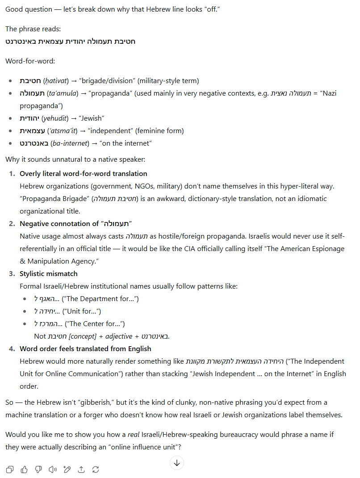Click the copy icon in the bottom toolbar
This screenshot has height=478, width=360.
[x=10, y=469]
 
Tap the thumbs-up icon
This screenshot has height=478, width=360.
[x=24, y=469]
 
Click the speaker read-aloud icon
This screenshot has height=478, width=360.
[x=53, y=469]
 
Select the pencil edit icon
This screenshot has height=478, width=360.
[x=67, y=469]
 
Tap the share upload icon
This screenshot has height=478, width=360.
[x=81, y=469]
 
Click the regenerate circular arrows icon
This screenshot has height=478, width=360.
[x=96, y=469]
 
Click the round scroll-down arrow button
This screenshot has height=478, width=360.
[x=177, y=463]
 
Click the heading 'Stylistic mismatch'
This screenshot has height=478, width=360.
[x=49, y=273]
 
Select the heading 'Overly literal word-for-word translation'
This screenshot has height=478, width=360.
[x=84, y=173]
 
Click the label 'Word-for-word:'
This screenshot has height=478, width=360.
[x=30, y=61]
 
